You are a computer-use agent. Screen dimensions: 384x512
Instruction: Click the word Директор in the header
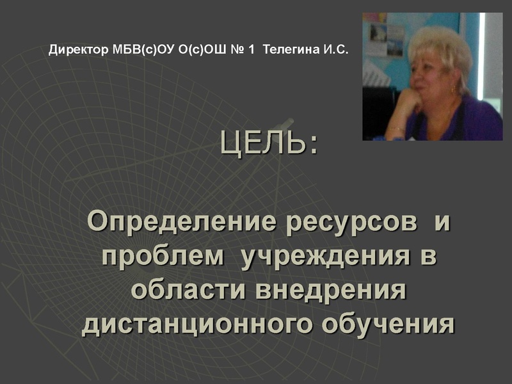point(74,49)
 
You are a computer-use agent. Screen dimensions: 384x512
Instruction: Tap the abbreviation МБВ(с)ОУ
point(132,49)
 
